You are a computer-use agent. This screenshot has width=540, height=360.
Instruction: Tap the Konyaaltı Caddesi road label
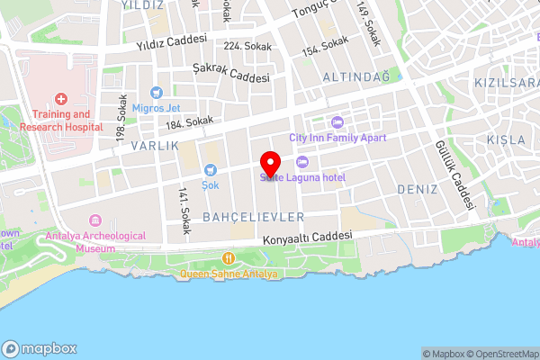[306, 238]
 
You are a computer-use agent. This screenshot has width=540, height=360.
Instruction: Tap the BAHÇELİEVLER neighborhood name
[254, 218]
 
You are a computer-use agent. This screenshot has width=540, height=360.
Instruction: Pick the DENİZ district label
[417, 190]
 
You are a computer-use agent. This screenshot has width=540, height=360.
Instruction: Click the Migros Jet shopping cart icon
[157, 92]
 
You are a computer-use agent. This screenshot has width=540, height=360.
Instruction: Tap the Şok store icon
[211, 168]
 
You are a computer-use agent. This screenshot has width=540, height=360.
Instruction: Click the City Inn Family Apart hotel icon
[337, 121]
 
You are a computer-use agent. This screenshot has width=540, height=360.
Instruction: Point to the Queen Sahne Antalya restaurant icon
[229, 258]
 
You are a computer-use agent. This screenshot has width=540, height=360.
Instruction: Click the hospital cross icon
[60, 98]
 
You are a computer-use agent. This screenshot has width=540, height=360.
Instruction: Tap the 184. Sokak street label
[189, 121]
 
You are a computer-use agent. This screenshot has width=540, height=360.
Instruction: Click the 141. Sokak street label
[184, 211]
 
